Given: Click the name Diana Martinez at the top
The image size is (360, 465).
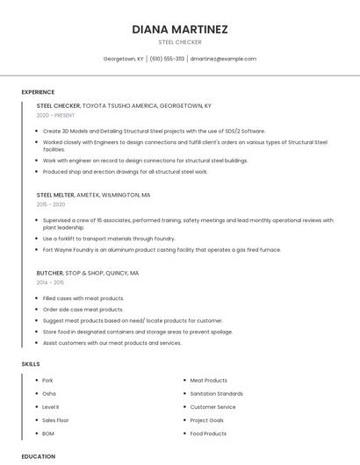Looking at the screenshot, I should pyautogui.click(x=179, y=29).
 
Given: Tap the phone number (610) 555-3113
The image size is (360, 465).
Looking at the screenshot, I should pyautogui.click(x=167, y=59).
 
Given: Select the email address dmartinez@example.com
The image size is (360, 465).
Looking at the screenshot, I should pyautogui.click(x=223, y=59).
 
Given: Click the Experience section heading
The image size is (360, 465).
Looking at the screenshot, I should pyautogui.click(x=38, y=92).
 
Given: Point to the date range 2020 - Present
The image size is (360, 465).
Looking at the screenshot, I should pyautogui.click(x=56, y=115).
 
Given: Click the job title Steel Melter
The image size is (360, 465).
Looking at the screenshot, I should pyautogui.click(x=55, y=195).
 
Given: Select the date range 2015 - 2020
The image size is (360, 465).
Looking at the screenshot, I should pyautogui.click(x=51, y=204).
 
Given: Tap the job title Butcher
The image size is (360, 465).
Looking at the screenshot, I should pyautogui.click(x=49, y=273).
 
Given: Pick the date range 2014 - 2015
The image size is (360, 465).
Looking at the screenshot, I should pyautogui.click(x=50, y=283).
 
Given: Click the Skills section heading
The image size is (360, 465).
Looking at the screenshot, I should pyautogui.click(x=30, y=363).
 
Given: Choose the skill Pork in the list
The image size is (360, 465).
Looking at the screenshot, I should pyautogui.click(x=48, y=381).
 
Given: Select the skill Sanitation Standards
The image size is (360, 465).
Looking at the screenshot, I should pyautogui.click(x=217, y=394).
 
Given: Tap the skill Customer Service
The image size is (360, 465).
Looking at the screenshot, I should pyautogui.click(x=212, y=407).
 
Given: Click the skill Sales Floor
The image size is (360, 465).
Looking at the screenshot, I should pyautogui.click(x=55, y=420).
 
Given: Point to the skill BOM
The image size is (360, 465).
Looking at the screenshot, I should pyautogui.click(x=48, y=433).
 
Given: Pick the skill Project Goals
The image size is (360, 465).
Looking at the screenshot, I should pyautogui.click(x=207, y=420).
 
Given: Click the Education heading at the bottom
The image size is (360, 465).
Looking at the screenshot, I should pyautogui.click(x=38, y=456).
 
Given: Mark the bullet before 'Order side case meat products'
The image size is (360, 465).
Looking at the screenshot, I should pyautogui.click(x=37, y=310).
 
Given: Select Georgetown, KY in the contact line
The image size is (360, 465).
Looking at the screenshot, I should pyautogui.click(x=123, y=59).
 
